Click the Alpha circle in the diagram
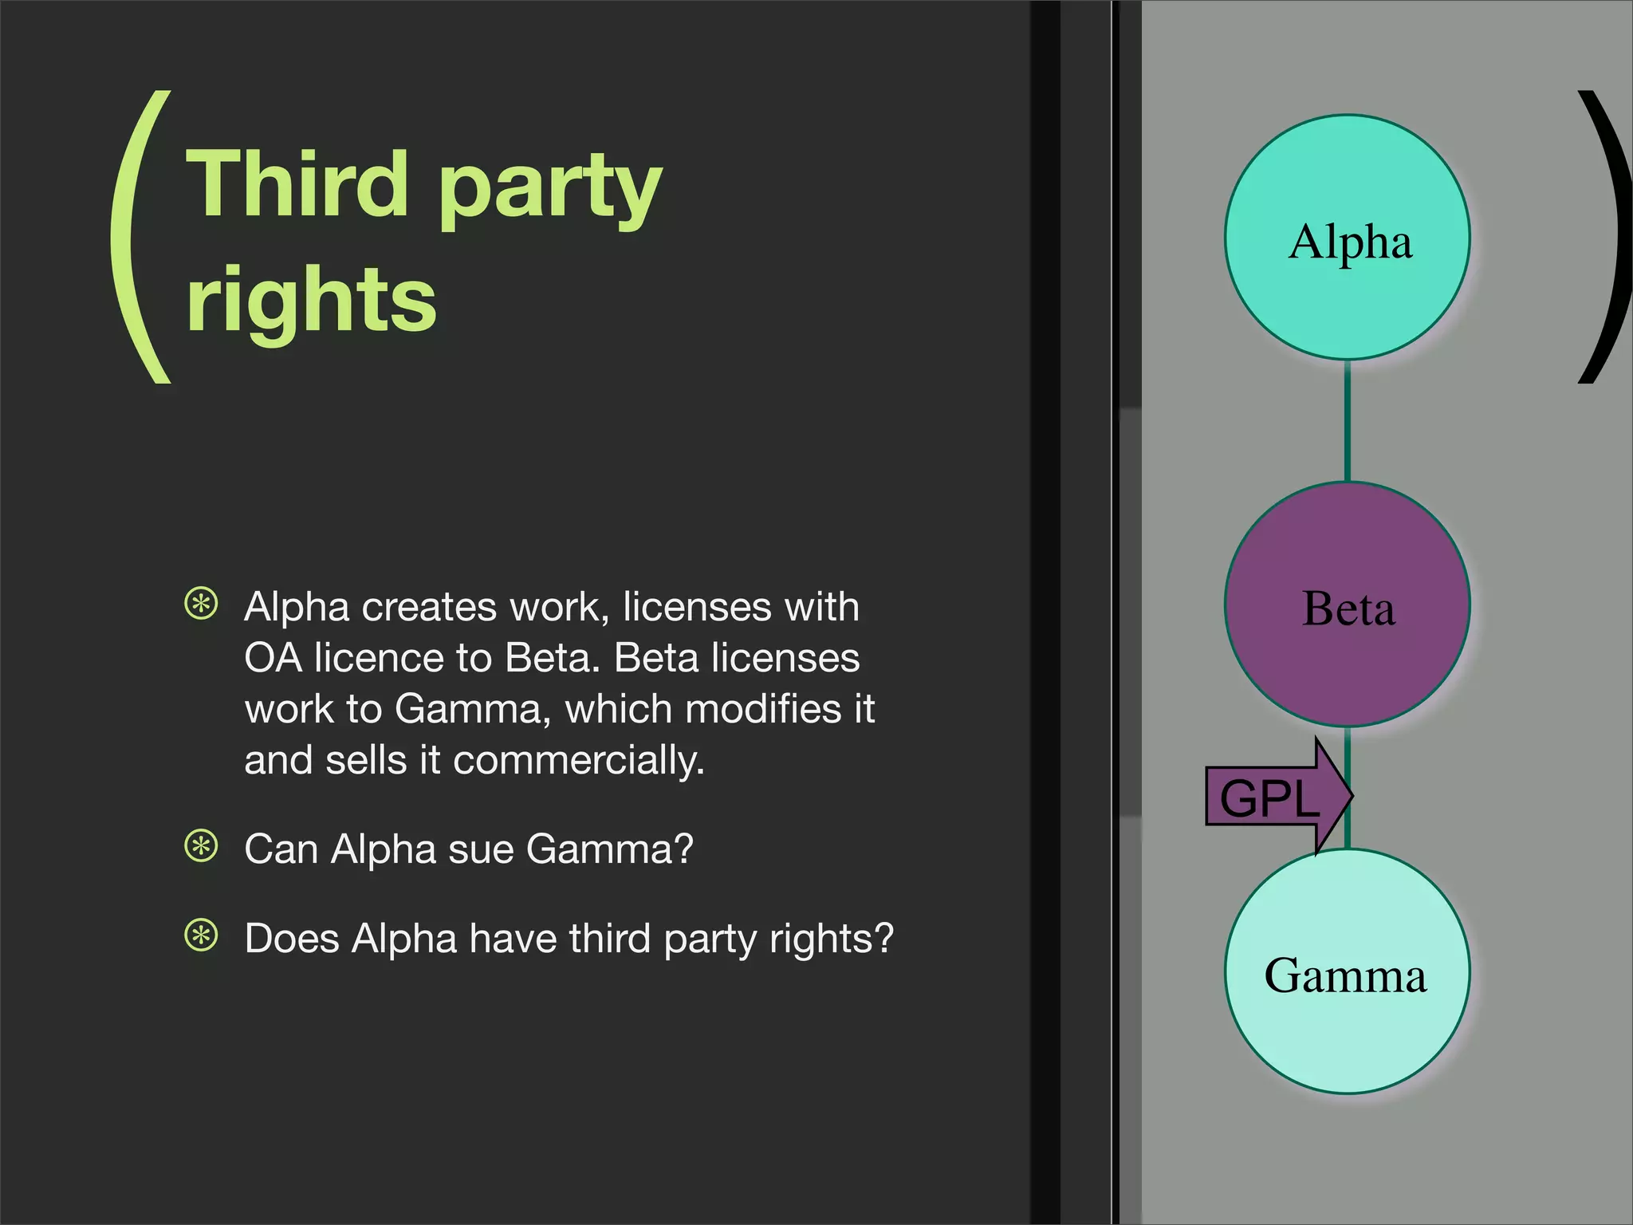pos(1348,238)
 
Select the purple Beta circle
pos(1348,605)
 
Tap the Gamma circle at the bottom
pos(1348,971)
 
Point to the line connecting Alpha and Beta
pos(1348,421)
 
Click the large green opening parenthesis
pos(140,238)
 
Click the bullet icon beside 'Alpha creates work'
pos(201,604)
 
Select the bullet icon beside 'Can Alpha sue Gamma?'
pos(201,846)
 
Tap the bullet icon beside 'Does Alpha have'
pos(201,935)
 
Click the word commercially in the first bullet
pos(579,761)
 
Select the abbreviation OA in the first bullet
pos(273,659)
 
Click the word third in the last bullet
pos(610,938)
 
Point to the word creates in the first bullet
pos(430,608)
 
